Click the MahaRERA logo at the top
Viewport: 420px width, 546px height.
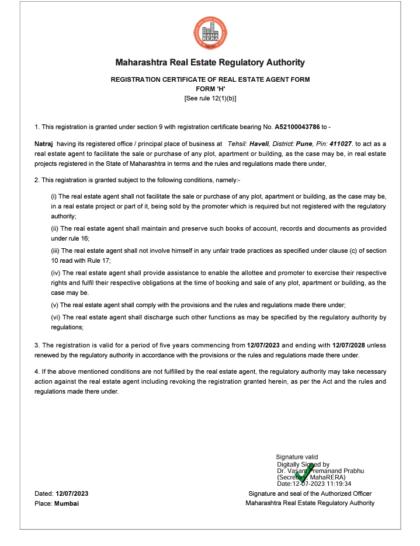click(210, 33)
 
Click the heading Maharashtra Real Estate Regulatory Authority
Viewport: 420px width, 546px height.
click(210, 62)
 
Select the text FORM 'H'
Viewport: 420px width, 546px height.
click(210, 89)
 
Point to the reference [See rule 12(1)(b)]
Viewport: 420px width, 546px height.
click(210, 98)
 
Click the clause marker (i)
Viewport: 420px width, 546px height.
click(54, 196)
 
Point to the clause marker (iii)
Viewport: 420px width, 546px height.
click(56, 250)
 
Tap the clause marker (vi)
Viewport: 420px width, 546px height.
click(56, 318)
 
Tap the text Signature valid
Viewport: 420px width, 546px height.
click(297, 457)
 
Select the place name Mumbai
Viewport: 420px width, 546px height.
click(67, 503)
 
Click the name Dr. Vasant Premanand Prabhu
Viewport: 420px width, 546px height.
click(321, 471)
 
